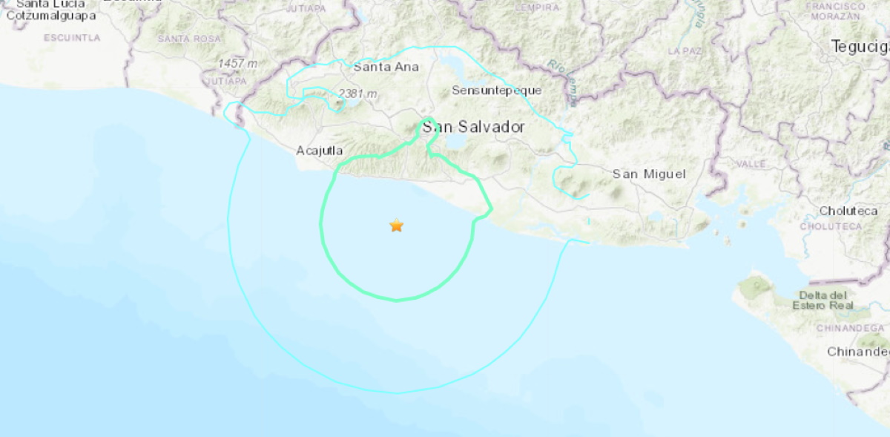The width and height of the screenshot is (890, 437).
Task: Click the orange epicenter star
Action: point(397,226)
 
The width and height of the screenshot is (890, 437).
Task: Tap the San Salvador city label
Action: point(473,128)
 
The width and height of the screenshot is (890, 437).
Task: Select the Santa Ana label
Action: point(386,67)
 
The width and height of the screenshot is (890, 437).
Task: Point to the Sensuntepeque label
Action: point(497,91)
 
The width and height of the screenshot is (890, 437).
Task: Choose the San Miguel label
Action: point(649,174)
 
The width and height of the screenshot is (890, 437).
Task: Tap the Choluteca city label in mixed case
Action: point(848,211)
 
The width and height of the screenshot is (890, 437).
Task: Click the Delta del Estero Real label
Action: point(823,300)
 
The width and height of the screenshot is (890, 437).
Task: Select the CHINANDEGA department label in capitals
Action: point(851,328)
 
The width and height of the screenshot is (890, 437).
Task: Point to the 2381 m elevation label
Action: point(357,94)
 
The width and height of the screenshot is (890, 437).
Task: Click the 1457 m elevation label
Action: point(237,64)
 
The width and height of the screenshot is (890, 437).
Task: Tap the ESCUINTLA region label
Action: point(72,37)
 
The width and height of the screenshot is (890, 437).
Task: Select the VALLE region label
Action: point(751,163)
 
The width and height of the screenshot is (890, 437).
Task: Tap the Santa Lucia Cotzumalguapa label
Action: point(50,9)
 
